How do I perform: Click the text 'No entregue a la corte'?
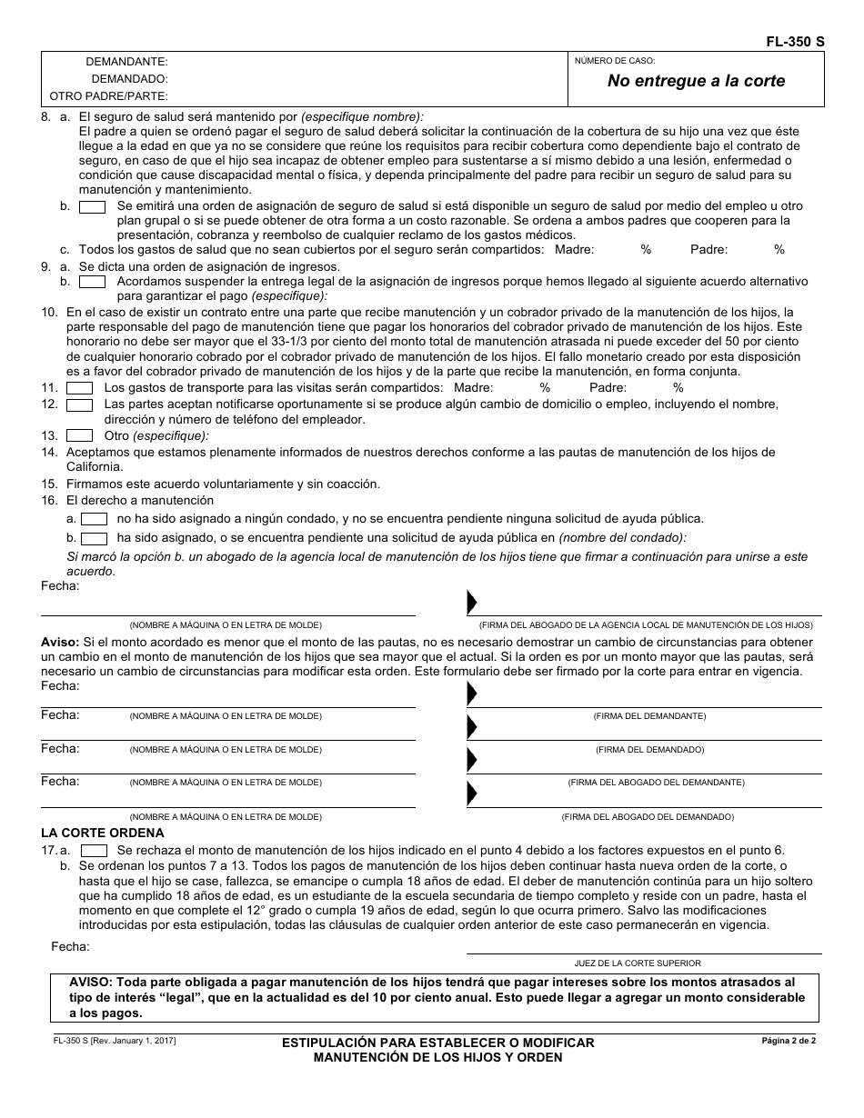click(696, 81)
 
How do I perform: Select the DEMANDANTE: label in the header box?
click(126, 62)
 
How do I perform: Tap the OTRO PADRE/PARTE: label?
click(108, 95)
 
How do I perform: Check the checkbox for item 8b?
click(92, 206)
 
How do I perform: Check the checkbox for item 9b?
click(92, 282)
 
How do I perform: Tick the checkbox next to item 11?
click(80, 387)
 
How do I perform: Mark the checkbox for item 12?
click(80, 404)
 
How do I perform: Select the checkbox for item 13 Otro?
click(80, 435)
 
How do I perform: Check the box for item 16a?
click(95, 519)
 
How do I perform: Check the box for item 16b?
click(95, 538)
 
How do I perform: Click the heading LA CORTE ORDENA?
click(103, 833)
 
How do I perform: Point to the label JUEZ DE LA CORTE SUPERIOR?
click(637, 963)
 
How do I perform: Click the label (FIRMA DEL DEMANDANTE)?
click(649, 716)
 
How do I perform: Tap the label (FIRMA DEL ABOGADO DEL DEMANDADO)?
click(648, 817)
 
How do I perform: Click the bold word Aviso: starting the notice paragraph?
click(60, 643)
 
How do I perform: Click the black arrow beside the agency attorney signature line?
click(472, 603)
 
